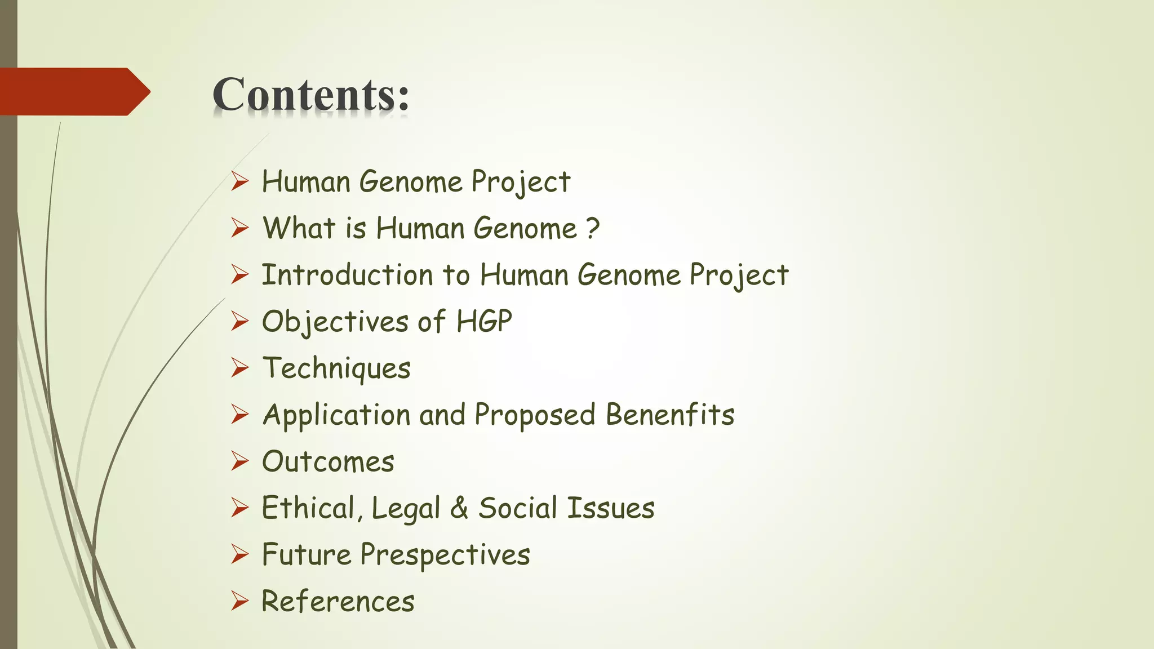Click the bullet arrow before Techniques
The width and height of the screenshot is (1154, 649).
click(x=239, y=368)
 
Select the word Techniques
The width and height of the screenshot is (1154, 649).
click(x=337, y=368)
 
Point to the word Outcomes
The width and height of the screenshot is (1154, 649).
click(x=328, y=461)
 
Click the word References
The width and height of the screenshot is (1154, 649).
click(x=338, y=601)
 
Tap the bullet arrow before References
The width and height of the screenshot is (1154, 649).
click(x=239, y=601)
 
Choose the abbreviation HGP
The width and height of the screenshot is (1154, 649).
click(x=484, y=322)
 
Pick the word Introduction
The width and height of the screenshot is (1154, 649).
click(x=347, y=275)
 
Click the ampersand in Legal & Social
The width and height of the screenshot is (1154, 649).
click(x=459, y=508)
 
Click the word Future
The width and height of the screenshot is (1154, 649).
click(x=307, y=554)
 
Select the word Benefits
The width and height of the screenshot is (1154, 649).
click(x=670, y=415)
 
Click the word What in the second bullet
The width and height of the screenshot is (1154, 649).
click(x=299, y=228)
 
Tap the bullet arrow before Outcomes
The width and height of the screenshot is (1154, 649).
click(x=239, y=461)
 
